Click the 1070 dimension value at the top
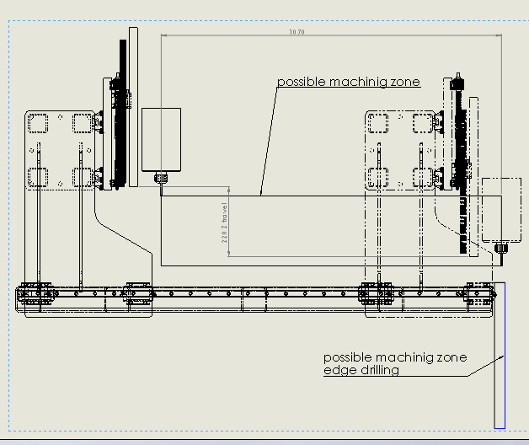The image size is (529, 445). (296, 32)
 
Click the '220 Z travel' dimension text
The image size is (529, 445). (225, 222)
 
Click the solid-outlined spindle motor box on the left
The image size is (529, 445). (162, 139)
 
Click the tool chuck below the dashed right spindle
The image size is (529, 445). (502, 248)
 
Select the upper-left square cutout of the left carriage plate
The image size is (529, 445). (38, 123)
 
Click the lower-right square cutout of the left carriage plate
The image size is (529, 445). (83, 177)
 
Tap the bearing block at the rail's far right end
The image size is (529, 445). (482, 293)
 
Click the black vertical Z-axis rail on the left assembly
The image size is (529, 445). (120, 135)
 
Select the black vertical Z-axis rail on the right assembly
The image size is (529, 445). (461, 169)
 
